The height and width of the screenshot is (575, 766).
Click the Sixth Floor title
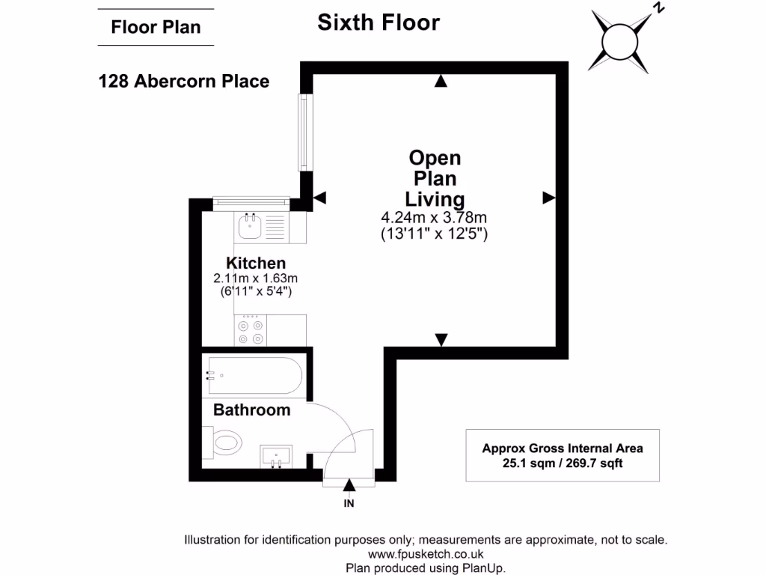(x=379, y=22)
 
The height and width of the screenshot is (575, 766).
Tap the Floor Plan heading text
(x=156, y=28)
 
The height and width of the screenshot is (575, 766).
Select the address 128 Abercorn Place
(x=184, y=81)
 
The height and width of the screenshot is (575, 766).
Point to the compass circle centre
(x=619, y=41)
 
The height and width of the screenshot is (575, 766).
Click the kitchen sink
(x=248, y=225)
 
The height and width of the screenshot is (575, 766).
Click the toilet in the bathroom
(x=225, y=442)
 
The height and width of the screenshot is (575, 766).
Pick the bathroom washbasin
(x=276, y=454)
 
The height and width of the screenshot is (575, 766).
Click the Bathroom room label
(x=251, y=410)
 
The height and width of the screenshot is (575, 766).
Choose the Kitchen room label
(x=256, y=264)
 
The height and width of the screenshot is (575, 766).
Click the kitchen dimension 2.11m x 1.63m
(x=256, y=278)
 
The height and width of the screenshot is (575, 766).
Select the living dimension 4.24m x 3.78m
(x=434, y=218)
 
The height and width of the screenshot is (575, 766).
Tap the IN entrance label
(x=349, y=504)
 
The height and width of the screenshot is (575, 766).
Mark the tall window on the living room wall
(x=303, y=131)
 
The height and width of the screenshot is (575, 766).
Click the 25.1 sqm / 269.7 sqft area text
(x=562, y=463)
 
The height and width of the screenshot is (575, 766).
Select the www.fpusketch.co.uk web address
(x=426, y=554)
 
